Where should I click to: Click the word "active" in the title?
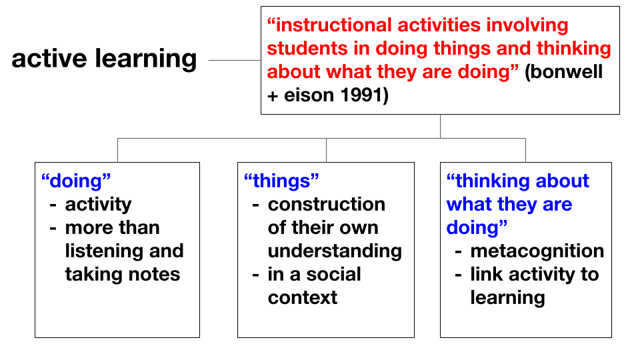tap(49, 59)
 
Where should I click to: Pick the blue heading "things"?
tap(281, 181)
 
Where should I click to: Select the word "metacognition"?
tap(537, 251)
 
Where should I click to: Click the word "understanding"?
tap(335, 251)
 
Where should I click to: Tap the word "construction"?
tap(327, 204)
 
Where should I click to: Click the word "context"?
tap(303, 297)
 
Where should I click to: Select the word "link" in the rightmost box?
tap(487, 274)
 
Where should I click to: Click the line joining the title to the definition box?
tap(235, 61)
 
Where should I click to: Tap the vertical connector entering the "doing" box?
tap(117, 150)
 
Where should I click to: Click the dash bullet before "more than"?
tap(53, 228)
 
